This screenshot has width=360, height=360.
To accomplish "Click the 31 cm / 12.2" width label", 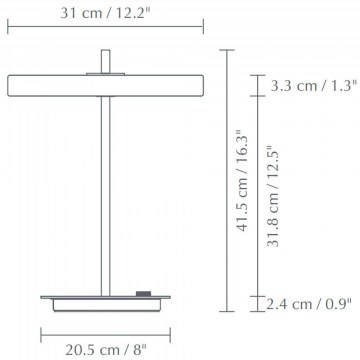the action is pyautogui.click(x=105, y=13).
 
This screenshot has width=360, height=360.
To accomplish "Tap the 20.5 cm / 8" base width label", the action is pyautogui.click(x=106, y=350).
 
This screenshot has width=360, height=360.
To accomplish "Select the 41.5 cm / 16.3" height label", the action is pyautogui.click(x=242, y=180).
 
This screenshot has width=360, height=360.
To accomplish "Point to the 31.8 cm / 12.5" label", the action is pyautogui.click(x=273, y=197).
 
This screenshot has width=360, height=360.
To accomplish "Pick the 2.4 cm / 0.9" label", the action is pyautogui.click(x=309, y=304).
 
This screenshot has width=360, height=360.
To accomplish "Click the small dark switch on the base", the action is pyautogui.click(x=143, y=293).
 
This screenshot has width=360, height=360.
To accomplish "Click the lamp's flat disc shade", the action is pyautogui.click(x=105, y=86).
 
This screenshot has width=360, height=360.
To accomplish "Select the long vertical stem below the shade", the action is pyautogui.click(x=106, y=196).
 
